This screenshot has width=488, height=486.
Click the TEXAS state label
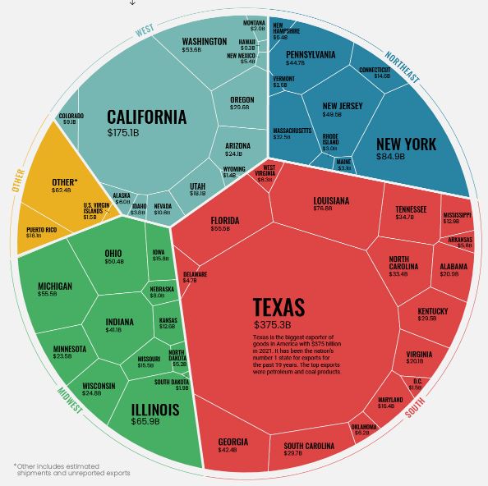(279, 308)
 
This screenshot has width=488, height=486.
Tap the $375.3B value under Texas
(275, 325)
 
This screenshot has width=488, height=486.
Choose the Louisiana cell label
(331, 200)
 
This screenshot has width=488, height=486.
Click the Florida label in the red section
(225, 221)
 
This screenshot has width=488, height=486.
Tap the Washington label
(204, 41)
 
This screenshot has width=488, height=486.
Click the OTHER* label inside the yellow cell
(64, 181)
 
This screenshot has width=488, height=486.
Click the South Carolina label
(309, 446)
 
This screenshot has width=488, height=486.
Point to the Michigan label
(55, 287)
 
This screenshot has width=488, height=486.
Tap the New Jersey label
(343, 106)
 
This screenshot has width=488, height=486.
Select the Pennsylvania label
(311, 55)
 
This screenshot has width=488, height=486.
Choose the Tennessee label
(411, 209)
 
